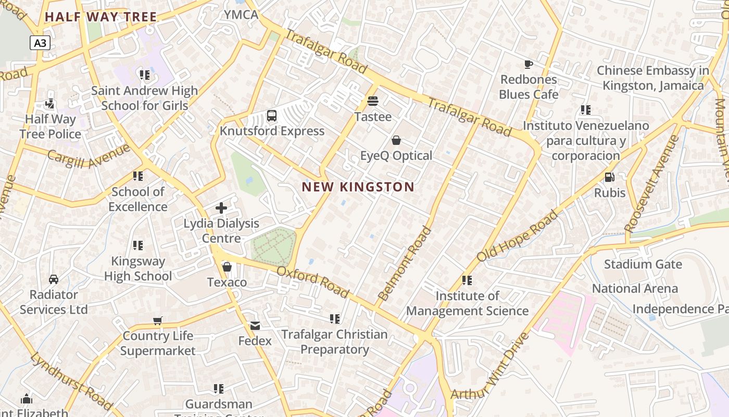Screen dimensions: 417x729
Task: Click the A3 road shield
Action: [40, 43]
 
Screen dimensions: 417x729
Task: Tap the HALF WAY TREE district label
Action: [100, 17]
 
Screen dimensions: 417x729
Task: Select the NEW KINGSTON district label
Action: [358, 187]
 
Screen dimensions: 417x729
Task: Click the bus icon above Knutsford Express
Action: [272, 116]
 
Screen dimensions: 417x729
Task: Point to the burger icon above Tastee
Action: [373, 101]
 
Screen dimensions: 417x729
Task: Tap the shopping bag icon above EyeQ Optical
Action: [396, 140]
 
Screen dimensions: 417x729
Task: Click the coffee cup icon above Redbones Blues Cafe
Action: [529, 65]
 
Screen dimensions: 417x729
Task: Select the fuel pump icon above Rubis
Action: [609, 177]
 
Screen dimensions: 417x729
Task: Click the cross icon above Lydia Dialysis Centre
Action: [221, 208]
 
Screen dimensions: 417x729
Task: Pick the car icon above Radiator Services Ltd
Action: [54, 279]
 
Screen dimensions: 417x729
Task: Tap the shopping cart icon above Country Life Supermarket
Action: [158, 321]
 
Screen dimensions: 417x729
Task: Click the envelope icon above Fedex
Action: [255, 326]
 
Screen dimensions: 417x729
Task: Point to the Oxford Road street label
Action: [312, 282]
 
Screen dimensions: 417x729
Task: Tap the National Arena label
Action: [635, 288]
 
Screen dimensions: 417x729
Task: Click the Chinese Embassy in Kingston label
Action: [653, 78]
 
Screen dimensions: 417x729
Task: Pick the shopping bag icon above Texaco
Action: [227, 267]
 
